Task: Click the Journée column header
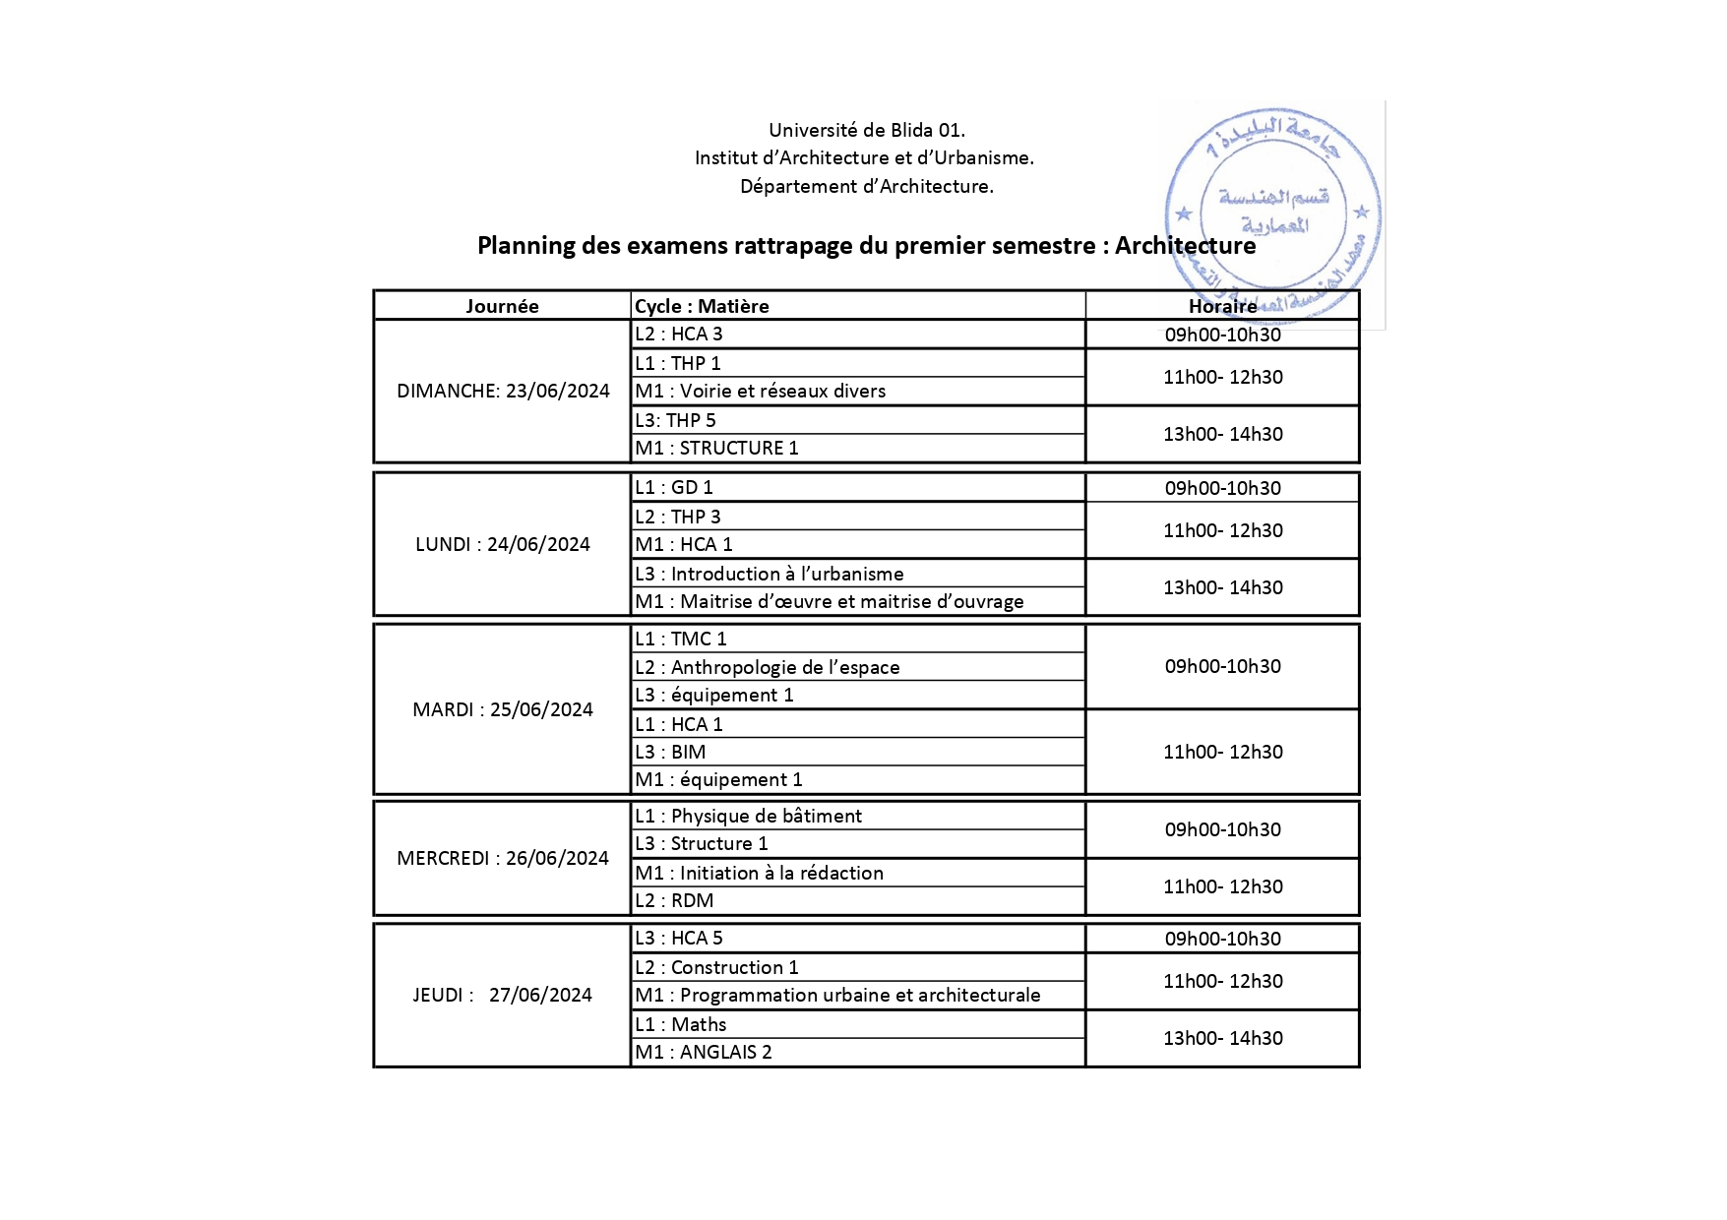point(502,306)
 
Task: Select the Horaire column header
point(1222,306)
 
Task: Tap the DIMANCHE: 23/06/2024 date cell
point(503,391)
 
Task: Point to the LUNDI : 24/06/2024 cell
point(503,544)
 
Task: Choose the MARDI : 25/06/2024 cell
point(503,709)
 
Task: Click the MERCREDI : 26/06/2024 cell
point(503,858)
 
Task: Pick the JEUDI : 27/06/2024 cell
point(503,995)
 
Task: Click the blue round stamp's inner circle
point(1273,211)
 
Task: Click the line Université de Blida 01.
point(866,130)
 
